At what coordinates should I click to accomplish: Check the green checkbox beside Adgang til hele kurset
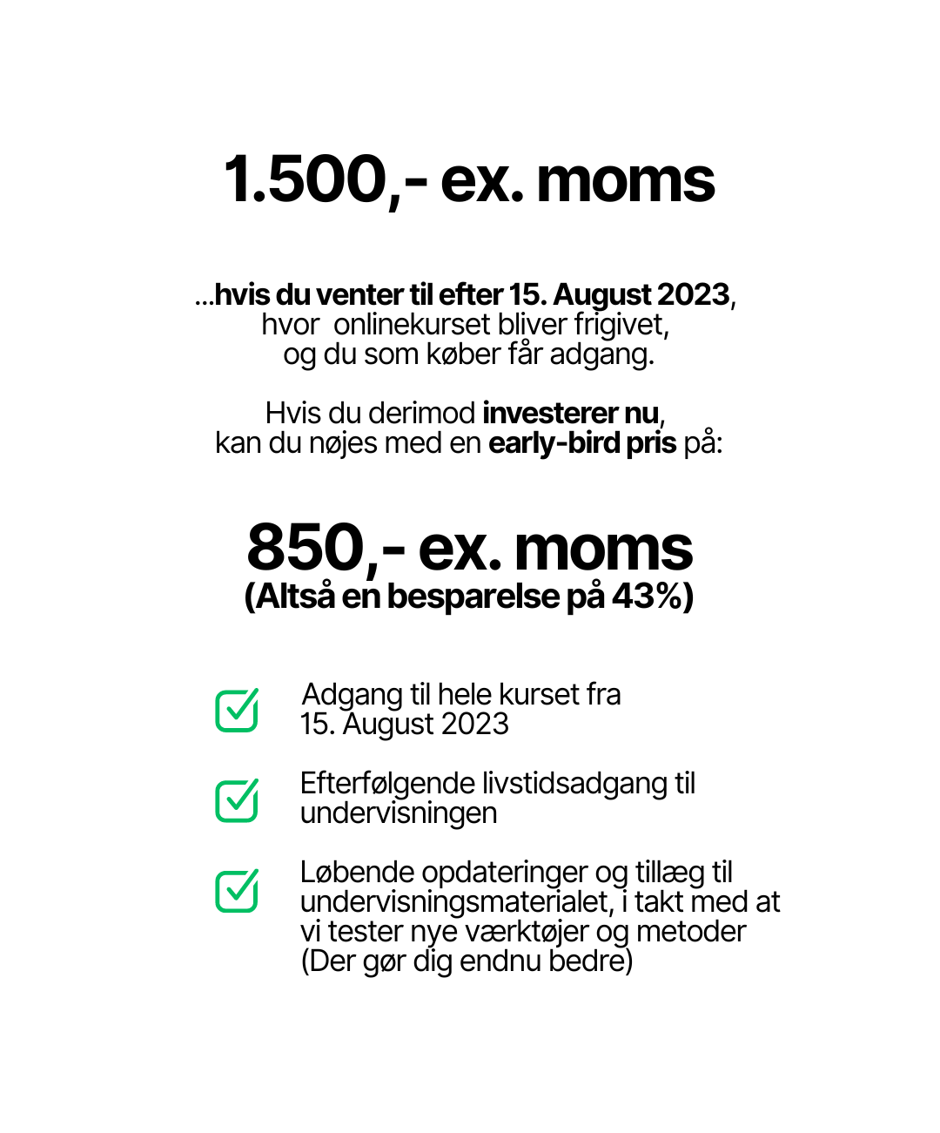tap(237, 711)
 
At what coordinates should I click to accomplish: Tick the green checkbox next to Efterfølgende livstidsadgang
tap(237, 799)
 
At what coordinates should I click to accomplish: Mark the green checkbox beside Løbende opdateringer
tap(237, 890)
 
